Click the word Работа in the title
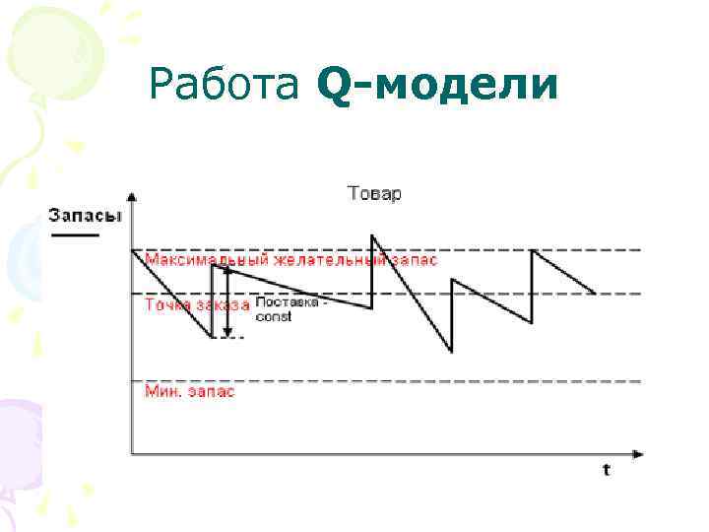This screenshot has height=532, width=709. tap(224, 85)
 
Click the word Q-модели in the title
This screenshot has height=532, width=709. tap(438, 87)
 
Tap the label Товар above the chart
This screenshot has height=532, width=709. tap(374, 193)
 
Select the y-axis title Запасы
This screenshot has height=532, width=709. tap(86, 217)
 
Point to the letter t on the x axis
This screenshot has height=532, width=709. tap(607, 470)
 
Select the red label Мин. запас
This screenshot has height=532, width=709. tap(191, 391)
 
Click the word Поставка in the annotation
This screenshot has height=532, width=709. tap(284, 303)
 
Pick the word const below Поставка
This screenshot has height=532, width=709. tap(273, 317)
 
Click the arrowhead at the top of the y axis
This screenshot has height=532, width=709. tap(132, 195)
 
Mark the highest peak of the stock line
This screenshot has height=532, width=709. tap(372, 235)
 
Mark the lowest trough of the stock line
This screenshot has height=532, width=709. tap(452, 351)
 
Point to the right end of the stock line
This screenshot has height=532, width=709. tap(595, 293)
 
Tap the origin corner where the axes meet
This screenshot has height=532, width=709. tap(132, 454)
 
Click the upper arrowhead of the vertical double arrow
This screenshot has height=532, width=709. tap(227, 269)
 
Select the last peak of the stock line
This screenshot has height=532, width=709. tap(533, 250)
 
